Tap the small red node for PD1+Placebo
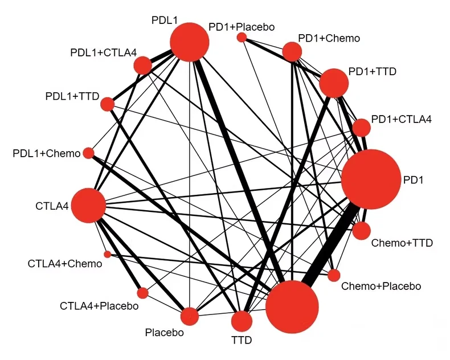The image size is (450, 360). (242, 37)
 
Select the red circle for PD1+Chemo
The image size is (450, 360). (292, 52)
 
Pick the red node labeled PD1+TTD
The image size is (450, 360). (334, 84)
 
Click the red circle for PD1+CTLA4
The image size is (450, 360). (362, 127)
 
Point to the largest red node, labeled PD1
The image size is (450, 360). (371, 179)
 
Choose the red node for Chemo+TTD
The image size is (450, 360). (361, 231)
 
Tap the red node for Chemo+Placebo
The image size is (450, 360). (334, 275)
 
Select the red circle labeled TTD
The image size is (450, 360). (242, 321)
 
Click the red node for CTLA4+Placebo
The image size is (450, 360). (142, 293)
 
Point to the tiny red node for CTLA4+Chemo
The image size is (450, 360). (107, 254)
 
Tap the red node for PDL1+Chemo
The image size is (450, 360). (88, 153)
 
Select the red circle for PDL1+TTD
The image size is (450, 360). (107, 104)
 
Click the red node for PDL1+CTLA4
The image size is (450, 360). (142, 66)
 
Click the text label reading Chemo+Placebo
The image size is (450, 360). (381, 286)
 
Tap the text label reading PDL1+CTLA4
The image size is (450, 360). (104, 53)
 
